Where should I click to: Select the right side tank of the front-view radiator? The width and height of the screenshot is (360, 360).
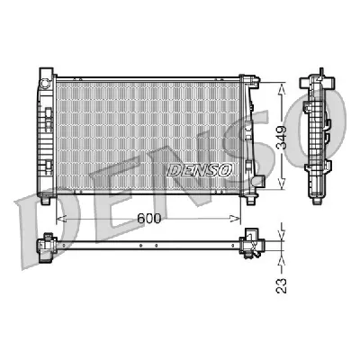252,130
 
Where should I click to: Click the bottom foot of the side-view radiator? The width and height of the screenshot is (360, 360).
321,192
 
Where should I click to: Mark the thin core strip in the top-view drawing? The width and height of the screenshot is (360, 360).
148,245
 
